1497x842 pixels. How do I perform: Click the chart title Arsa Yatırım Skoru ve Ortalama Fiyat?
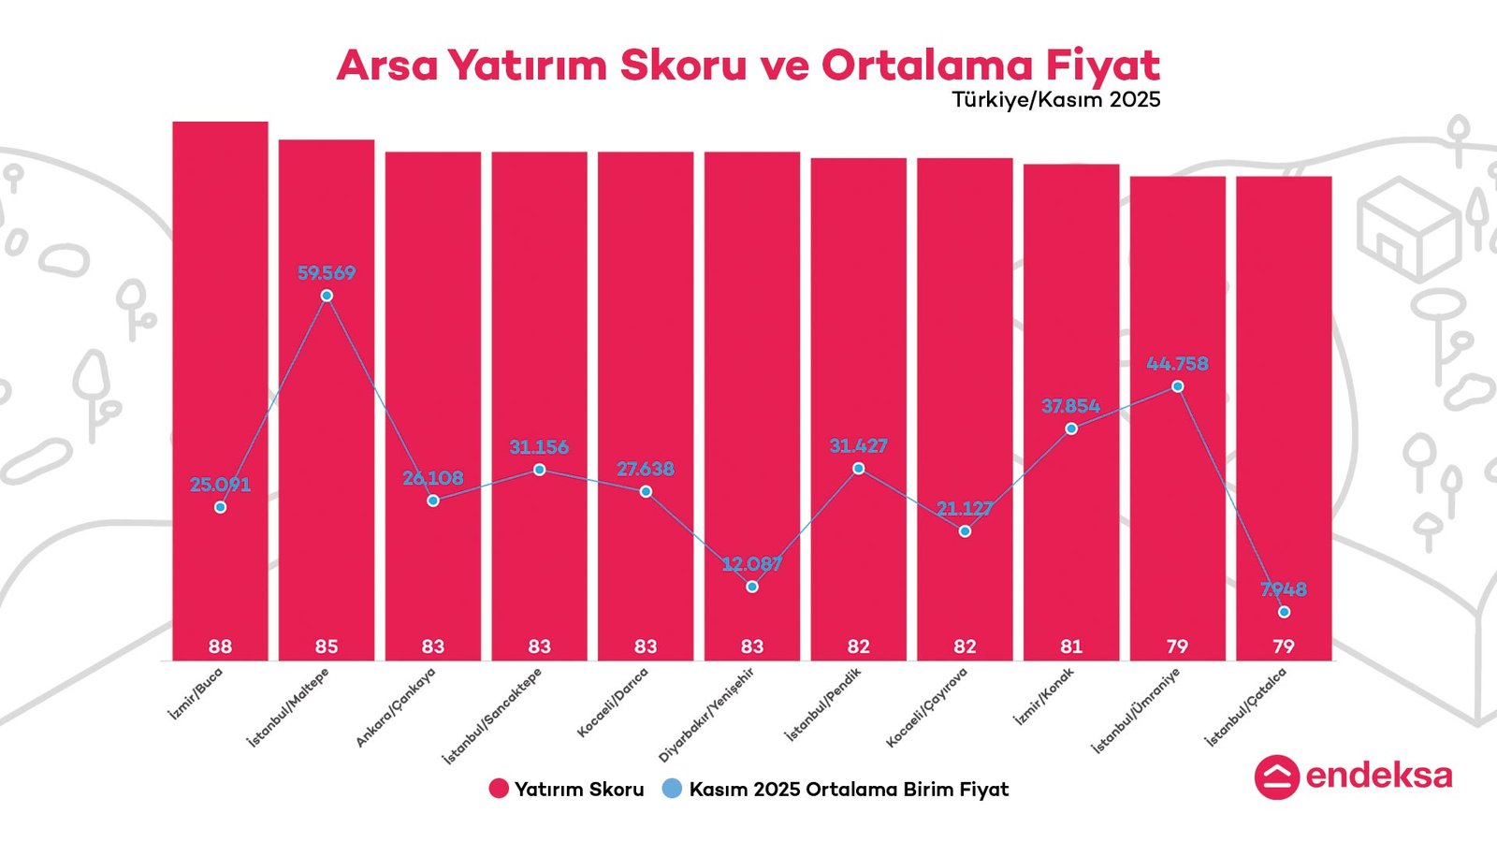[748, 65]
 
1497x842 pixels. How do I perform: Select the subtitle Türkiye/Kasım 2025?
[1055, 99]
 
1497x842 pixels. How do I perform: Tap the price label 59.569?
[327, 273]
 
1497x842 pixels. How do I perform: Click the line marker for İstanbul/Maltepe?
[327, 296]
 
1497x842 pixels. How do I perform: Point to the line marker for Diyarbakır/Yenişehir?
[752, 587]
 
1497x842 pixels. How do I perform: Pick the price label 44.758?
[1177, 363]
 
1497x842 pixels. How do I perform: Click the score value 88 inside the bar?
[220, 646]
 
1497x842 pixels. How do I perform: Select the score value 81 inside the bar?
[1070, 646]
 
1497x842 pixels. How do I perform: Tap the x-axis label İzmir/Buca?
[196, 693]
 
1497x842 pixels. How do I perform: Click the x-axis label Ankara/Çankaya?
[396, 707]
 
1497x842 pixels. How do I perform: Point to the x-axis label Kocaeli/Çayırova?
[926, 708]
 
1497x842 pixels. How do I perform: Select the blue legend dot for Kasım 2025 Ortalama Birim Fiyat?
[672, 789]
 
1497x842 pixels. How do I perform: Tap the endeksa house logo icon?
[1276, 777]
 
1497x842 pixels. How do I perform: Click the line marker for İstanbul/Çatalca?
[1284, 612]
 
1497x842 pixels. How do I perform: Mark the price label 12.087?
[752, 564]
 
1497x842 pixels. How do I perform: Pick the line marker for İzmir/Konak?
[1071, 428]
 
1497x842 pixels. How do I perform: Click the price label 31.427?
[858, 446]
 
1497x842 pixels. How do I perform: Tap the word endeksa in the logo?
[1378, 776]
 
